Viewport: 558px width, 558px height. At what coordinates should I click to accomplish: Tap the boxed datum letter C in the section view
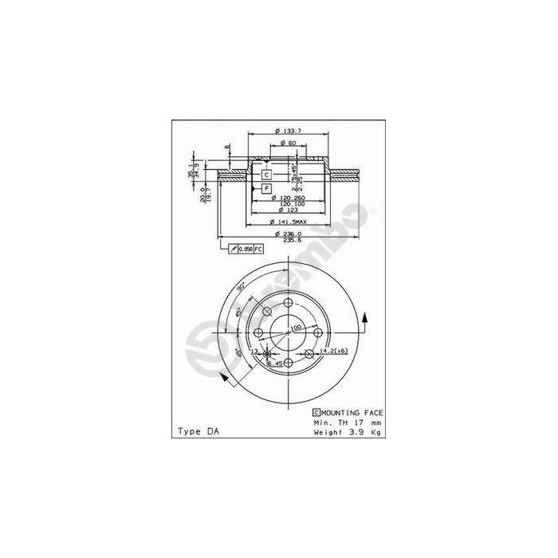pos(266,174)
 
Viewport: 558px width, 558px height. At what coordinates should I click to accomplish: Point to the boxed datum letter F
pos(266,188)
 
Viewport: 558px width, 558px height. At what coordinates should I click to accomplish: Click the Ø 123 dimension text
pos(285,208)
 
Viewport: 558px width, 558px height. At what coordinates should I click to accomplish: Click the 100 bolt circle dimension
pos(296,328)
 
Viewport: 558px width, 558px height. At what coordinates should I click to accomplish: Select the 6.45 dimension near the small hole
pos(275,363)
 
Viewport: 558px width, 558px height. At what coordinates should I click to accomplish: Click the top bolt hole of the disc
pos(288,303)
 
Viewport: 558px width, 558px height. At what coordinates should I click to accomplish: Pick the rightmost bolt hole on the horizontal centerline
pos(318,333)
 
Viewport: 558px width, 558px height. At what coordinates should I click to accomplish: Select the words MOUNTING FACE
pos(352,412)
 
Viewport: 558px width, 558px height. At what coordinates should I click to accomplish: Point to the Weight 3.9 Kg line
pos(348,431)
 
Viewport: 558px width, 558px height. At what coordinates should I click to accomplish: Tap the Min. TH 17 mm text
pos(348,422)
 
